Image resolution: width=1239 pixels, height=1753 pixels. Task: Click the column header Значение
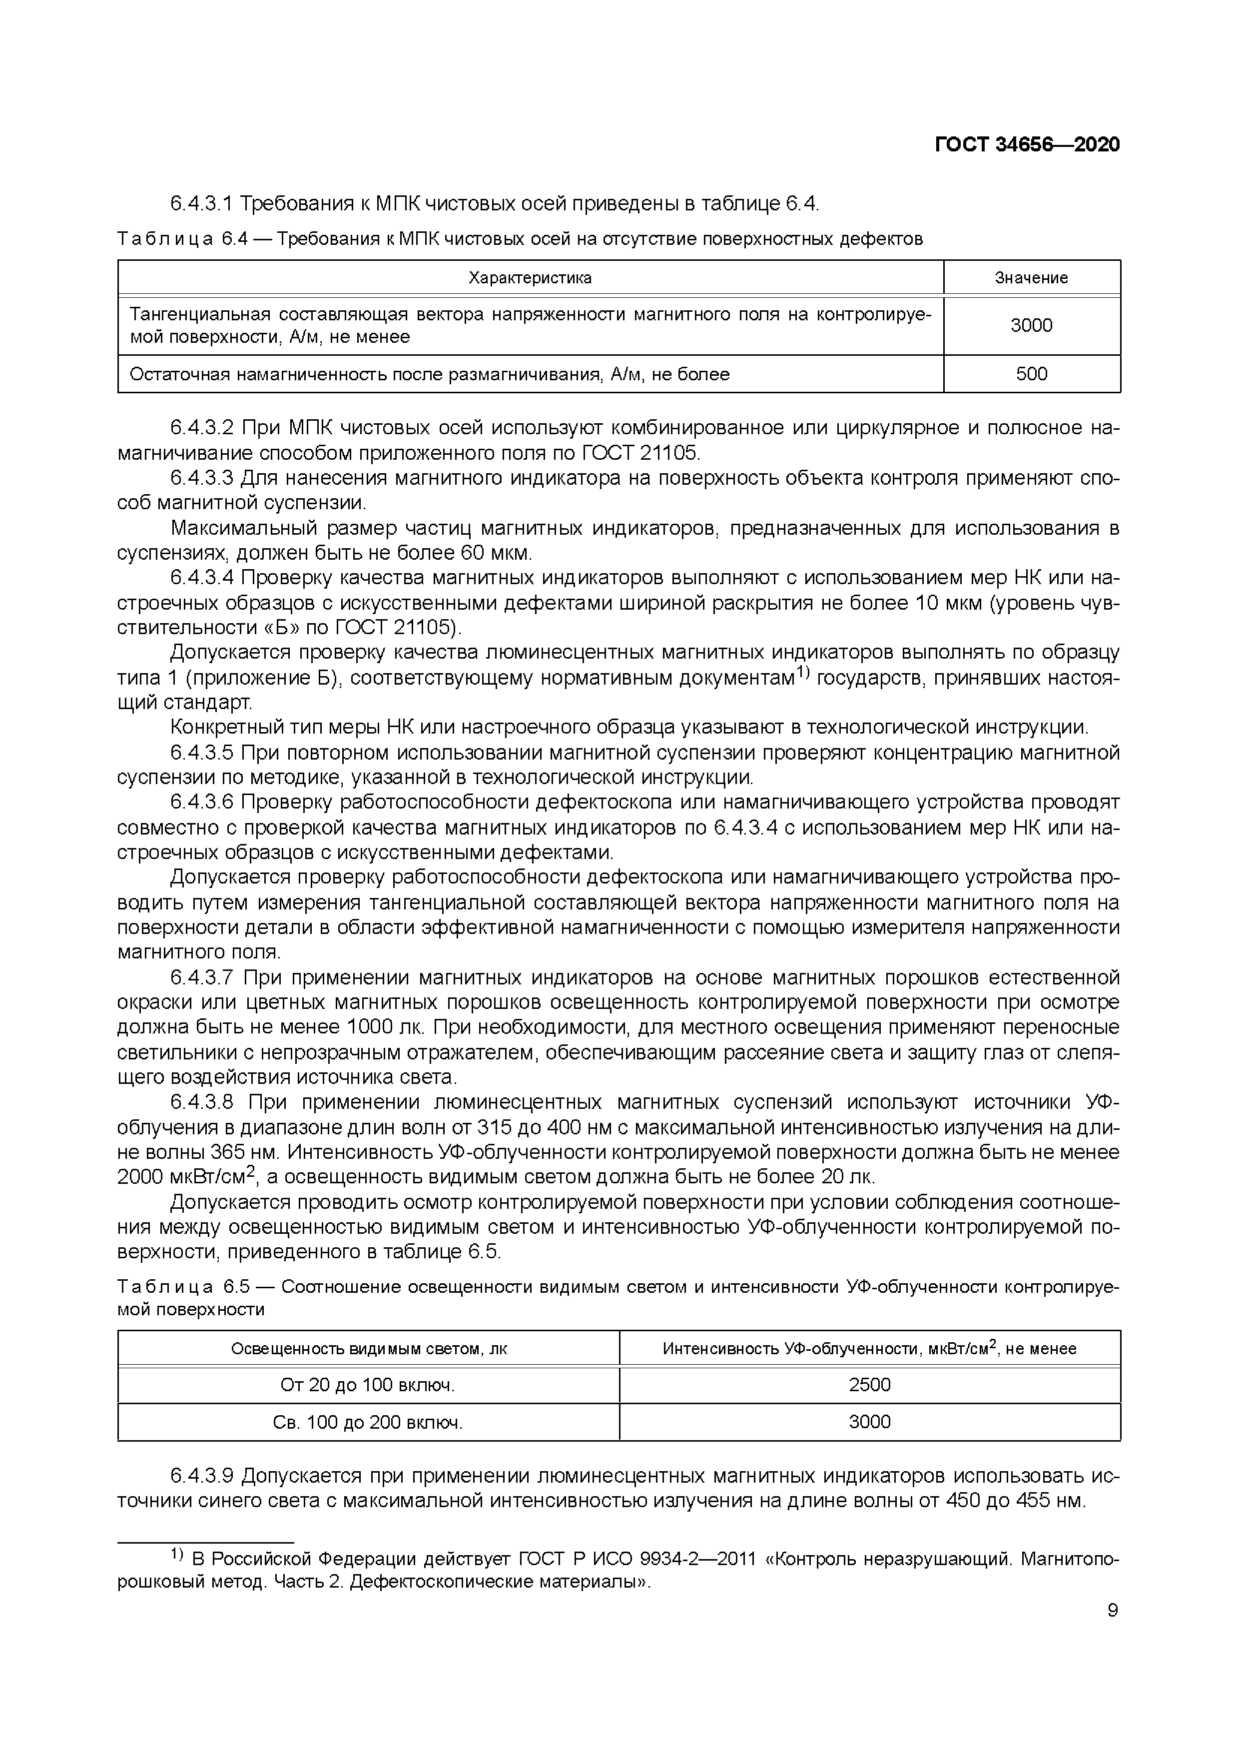pos(1031,278)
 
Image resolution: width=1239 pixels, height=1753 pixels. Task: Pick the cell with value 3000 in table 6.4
pos(1031,326)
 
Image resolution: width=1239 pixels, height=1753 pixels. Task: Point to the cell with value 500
pos(1031,374)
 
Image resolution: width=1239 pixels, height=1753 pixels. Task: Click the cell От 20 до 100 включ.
pos(368,1385)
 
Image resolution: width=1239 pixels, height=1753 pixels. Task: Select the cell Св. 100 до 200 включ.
pos(368,1422)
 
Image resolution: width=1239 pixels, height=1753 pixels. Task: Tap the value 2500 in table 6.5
pos(869,1385)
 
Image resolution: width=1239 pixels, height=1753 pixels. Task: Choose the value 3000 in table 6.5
pos(869,1422)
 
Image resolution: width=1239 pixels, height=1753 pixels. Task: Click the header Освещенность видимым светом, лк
pos(368,1349)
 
